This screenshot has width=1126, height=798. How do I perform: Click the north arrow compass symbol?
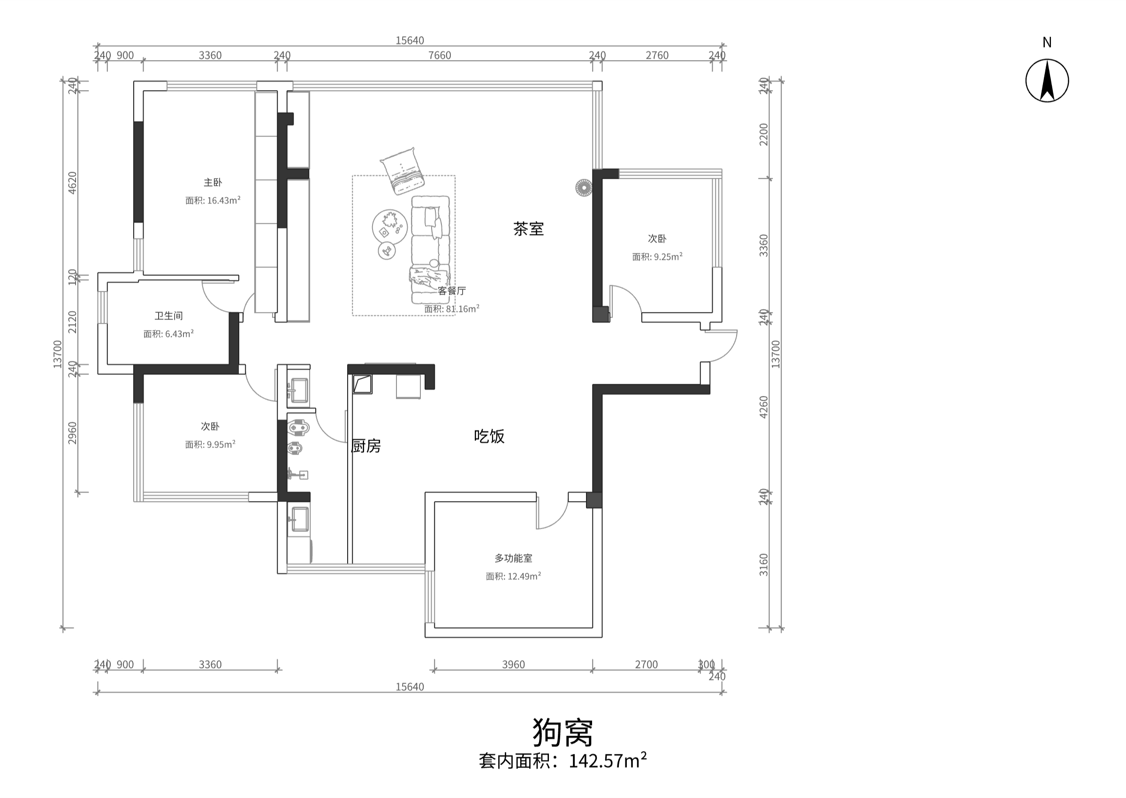click(x=1047, y=81)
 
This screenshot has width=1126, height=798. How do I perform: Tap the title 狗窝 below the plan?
click(x=563, y=732)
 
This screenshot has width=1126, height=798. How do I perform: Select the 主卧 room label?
click(x=213, y=182)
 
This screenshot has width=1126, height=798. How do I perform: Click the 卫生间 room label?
click(x=168, y=315)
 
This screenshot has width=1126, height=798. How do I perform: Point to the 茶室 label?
click(x=529, y=229)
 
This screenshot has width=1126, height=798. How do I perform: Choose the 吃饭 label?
click(x=489, y=436)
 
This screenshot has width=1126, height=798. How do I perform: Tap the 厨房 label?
click(x=366, y=446)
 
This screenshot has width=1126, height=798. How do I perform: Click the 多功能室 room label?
click(x=513, y=558)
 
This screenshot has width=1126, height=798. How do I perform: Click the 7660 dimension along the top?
click(x=440, y=55)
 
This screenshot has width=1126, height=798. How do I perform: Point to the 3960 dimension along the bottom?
click(x=513, y=664)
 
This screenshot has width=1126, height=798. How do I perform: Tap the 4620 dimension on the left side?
click(x=72, y=183)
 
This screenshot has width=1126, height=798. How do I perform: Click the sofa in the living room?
click(x=430, y=250)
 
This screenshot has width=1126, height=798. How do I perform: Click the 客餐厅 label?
click(x=451, y=291)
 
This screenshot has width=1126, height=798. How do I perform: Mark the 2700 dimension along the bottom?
click(x=646, y=664)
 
